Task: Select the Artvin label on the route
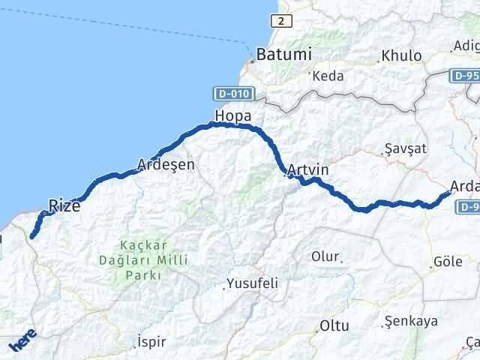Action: (308, 170)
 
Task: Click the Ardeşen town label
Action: (166, 163)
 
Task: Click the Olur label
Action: (325, 256)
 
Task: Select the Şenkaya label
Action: (410, 321)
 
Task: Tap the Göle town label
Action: (448, 262)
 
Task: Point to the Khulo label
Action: (401, 55)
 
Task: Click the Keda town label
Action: (327, 76)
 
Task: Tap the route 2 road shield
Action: (280, 21)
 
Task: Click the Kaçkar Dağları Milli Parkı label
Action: (139, 260)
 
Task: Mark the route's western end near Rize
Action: (32, 236)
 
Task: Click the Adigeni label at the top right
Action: (466, 46)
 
